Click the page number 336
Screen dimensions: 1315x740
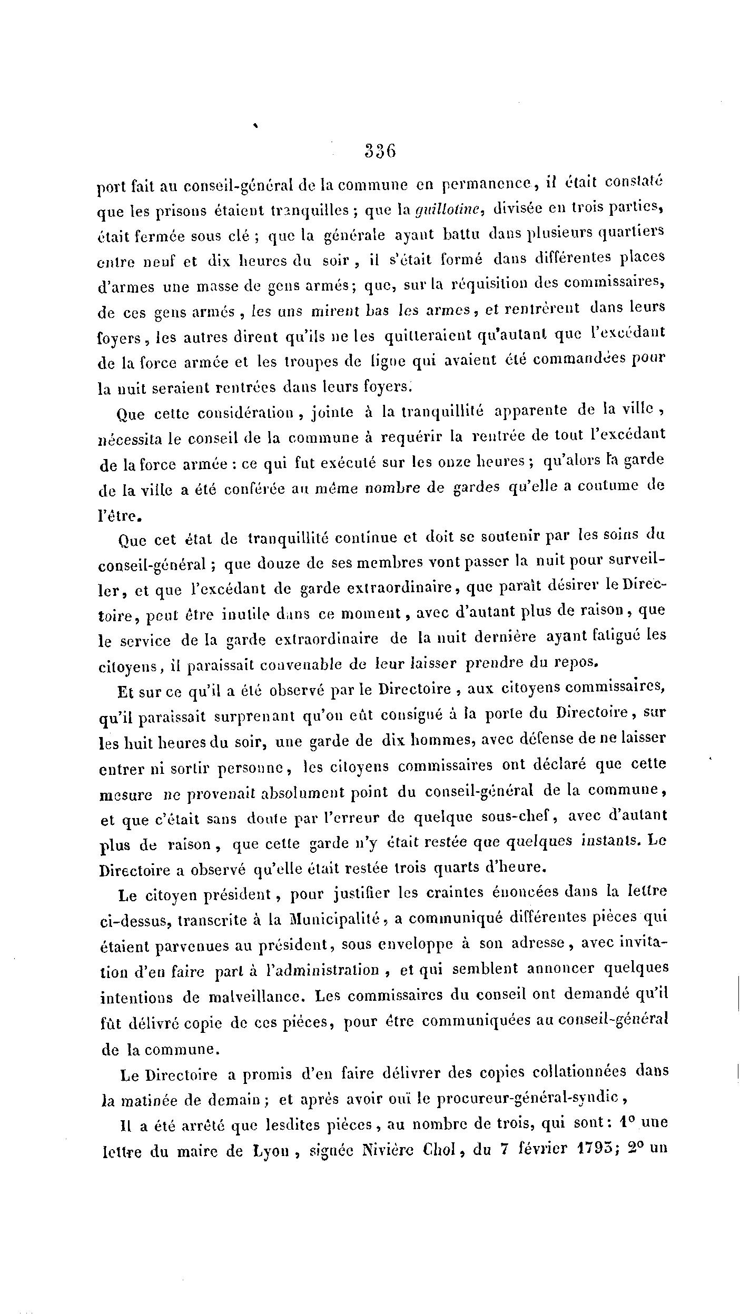[380, 152]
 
